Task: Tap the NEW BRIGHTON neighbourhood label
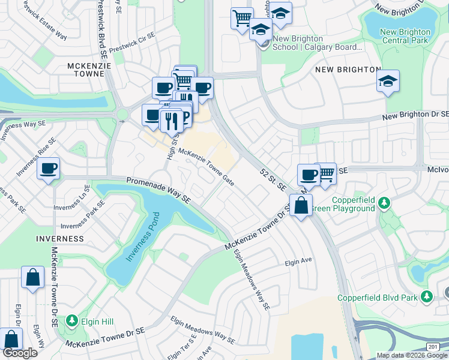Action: tap(347, 70)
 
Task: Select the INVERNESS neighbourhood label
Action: tap(59, 239)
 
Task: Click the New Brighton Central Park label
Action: tap(405, 36)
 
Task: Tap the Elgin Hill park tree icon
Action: tap(73, 322)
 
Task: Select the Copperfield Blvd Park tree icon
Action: tap(427, 297)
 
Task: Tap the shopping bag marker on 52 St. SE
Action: tap(301, 206)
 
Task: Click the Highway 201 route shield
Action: tap(433, 347)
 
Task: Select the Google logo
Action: tap(20, 353)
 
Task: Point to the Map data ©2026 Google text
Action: tap(411, 355)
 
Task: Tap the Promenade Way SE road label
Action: tap(158, 190)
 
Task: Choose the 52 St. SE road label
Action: tap(273, 179)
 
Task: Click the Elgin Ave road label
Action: tap(299, 262)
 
